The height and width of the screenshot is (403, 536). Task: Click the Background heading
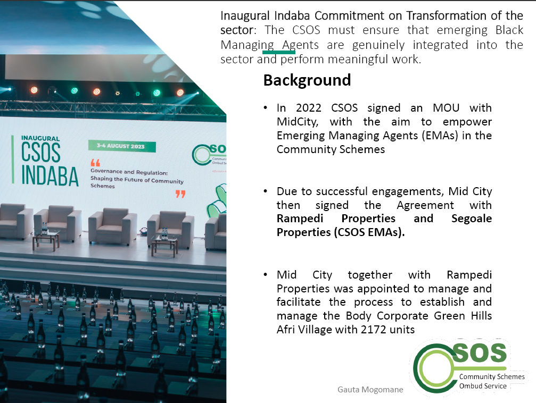[x=307, y=81]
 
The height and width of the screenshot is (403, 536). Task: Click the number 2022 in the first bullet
[x=308, y=108]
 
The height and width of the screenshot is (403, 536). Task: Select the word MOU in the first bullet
[x=446, y=108]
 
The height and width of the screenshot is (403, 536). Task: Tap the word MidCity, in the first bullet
[x=298, y=122]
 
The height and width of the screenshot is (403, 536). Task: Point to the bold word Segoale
[x=472, y=219]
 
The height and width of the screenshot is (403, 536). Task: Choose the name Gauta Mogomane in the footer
[x=370, y=390]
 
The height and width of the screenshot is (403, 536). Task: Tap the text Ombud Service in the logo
[x=483, y=386]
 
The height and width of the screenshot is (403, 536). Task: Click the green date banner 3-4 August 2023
[x=122, y=146]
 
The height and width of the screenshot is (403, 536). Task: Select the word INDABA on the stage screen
[x=50, y=176]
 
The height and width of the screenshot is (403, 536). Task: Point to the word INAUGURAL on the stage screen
[x=40, y=138]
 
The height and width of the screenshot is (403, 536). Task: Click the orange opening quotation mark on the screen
[x=95, y=163]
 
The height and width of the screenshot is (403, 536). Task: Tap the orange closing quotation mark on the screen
[x=180, y=194]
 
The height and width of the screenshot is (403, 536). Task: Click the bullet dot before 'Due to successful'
[x=266, y=191]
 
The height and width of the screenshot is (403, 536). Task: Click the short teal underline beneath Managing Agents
[x=279, y=52]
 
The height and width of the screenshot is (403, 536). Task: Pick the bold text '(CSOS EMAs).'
[x=369, y=232]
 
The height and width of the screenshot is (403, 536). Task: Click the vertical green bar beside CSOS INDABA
[x=13, y=159]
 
